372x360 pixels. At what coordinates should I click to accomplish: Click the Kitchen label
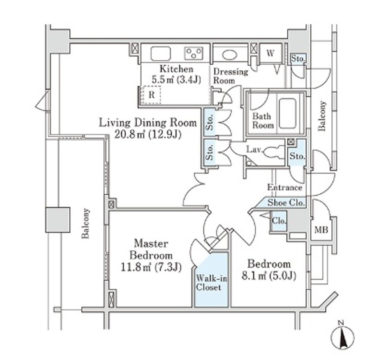tap(177, 69)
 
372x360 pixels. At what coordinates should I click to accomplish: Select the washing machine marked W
tap(270, 54)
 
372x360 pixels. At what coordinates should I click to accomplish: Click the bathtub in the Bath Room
tap(287, 113)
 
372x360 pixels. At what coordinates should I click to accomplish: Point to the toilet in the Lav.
tap(274, 152)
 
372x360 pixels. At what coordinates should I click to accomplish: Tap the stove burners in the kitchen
tap(194, 53)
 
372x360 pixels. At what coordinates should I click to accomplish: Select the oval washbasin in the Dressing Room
tap(230, 55)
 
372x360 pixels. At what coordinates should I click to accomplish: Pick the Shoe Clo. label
tap(286, 203)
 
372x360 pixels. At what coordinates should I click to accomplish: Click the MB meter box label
tap(321, 230)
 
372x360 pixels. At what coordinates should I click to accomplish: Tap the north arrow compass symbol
tap(342, 336)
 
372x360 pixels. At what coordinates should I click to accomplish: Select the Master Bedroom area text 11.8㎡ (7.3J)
tap(151, 267)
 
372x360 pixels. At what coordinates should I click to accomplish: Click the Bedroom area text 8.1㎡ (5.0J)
tap(269, 276)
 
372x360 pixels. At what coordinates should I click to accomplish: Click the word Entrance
tap(284, 187)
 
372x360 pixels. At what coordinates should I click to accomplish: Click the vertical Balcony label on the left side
tap(85, 223)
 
